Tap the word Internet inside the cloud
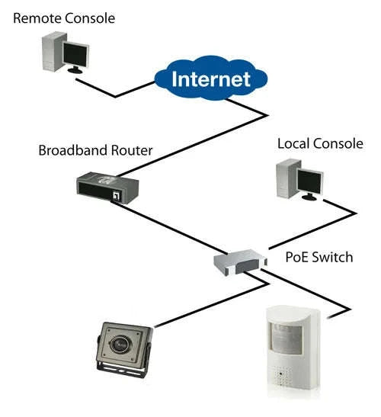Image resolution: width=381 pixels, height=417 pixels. coord(210,79)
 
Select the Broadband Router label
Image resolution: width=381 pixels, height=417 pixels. coord(95,150)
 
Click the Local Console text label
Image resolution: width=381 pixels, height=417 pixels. coord(320,143)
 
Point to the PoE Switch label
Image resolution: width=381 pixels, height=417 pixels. coord(319,257)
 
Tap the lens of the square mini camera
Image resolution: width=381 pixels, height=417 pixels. coord(126,343)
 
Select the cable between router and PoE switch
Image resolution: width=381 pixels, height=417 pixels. coord(175,229)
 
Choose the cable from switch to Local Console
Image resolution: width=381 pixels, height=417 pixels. coord(305,229)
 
